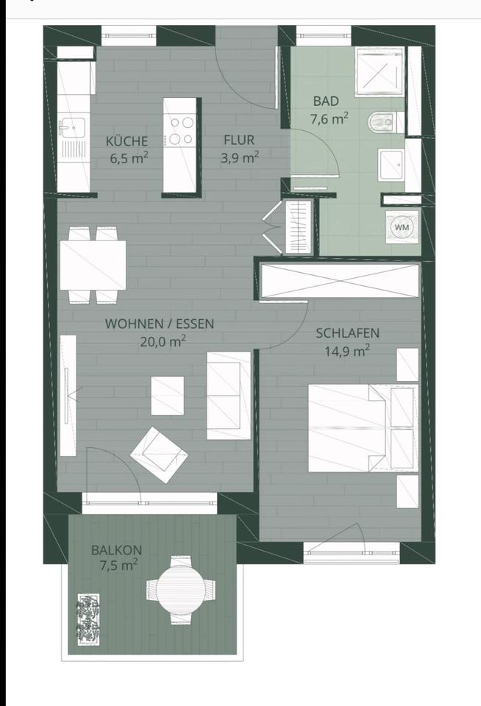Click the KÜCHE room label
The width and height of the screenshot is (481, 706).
tap(127, 141)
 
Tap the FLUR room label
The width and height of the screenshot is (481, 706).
tap(239, 141)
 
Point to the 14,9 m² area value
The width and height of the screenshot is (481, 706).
tap(347, 351)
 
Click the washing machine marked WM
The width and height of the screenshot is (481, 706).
tap(402, 227)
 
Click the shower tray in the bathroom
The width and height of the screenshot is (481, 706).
tap(379, 72)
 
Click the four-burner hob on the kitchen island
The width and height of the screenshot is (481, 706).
tap(181, 130)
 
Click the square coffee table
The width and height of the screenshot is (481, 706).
tap(168, 395)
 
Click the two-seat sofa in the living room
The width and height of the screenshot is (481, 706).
tap(228, 396)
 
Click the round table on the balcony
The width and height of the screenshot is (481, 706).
tap(181, 588)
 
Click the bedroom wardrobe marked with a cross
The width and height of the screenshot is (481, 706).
tap(339, 281)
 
